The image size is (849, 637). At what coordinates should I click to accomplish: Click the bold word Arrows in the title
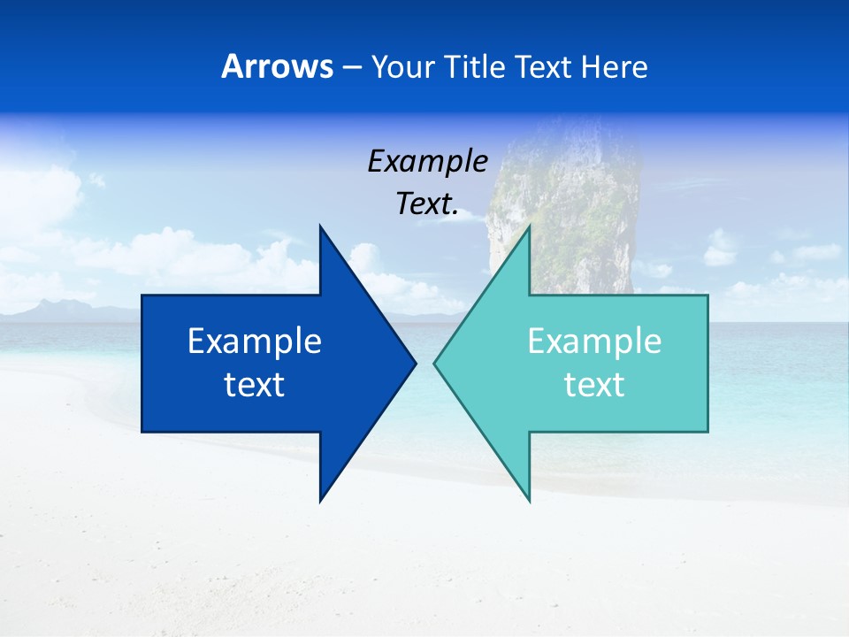[x=277, y=66]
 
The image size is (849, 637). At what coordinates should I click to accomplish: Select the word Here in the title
[x=615, y=66]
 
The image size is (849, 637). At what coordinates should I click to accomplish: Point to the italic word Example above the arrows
[x=427, y=161]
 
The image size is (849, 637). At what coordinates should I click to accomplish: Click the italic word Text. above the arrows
[x=427, y=204]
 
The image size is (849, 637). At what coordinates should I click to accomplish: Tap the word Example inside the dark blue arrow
[x=255, y=341]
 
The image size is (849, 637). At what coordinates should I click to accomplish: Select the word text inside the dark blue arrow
[x=255, y=385]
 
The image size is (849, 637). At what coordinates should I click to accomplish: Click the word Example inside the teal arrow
[x=594, y=341]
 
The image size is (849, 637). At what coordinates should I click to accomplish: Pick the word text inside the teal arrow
[x=594, y=385]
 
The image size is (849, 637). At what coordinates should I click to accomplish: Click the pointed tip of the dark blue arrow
[x=415, y=363]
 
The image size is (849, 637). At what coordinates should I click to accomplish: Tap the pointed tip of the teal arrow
[x=435, y=363]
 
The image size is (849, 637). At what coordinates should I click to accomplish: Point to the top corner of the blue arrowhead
[x=320, y=226]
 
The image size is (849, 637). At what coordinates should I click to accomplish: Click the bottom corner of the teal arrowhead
[x=529, y=500]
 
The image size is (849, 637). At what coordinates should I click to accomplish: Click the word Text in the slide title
[x=543, y=66]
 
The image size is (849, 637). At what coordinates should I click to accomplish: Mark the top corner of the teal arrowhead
[x=529, y=226]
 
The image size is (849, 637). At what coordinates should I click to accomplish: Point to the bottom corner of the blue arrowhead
[x=320, y=500]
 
